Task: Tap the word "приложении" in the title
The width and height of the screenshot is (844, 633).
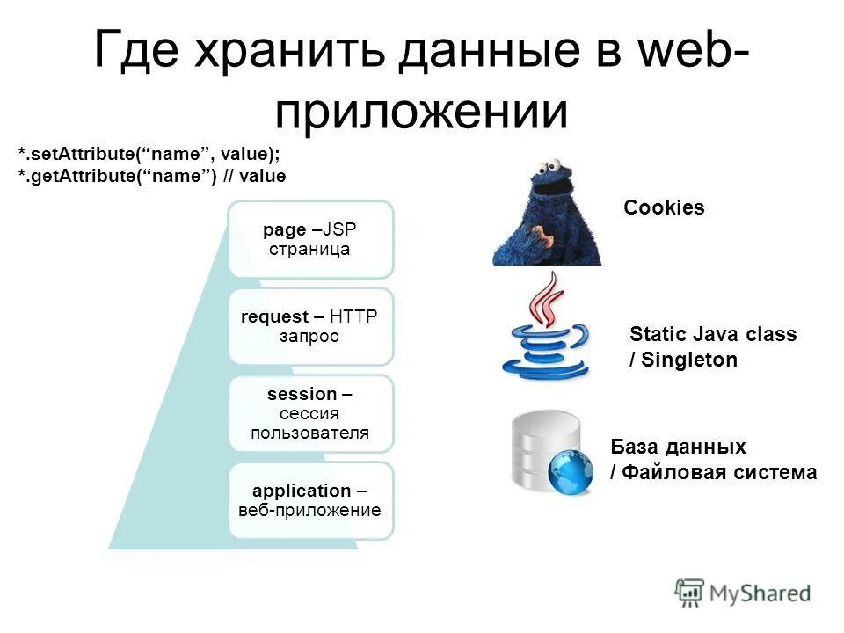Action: tap(422, 112)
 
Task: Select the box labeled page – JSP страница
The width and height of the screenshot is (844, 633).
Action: tap(311, 239)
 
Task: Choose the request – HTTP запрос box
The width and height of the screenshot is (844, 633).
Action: tap(311, 326)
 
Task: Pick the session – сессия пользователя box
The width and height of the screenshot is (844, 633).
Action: tap(311, 413)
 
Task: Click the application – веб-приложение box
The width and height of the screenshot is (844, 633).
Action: tap(311, 500)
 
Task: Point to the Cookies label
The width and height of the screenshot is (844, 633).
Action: tap(664, 208)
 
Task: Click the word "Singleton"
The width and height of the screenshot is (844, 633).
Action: tap(689, 360)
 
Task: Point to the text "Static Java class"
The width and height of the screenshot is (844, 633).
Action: tap(713, 334)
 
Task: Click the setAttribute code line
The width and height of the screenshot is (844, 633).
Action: tap(149, 154)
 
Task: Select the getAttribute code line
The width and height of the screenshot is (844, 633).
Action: tap(152, 176)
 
